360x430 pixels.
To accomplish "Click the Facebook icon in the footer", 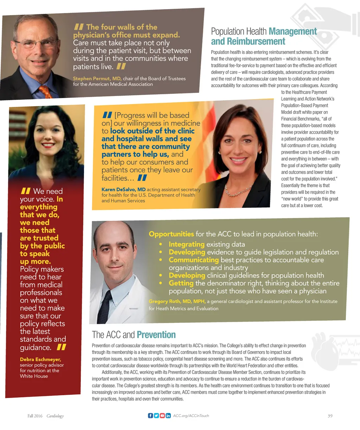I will pyautogui.click(x=150, y=416).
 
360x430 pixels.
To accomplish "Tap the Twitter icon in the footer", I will pyautogui.click(x=156, y=416).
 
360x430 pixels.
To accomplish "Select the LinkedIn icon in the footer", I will pyautogui.click(x=168, y=416).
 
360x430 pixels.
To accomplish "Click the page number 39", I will pyautogui.click(x=330, y=416).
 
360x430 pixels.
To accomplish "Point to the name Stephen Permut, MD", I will pyautogui.click(x=97, y=79).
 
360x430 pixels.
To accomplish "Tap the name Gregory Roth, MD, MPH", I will pyautogui.click(x=177, y=301).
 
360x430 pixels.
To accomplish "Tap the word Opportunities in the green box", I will pyautogui.click(x=171, y=234).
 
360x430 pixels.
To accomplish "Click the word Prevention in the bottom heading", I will pyautogui.click(x=156, y=335).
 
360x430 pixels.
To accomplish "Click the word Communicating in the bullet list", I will pyautogui.click(x=194, y=260).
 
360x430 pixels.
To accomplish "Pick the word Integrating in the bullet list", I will pyautogui.click(x=186, y=244).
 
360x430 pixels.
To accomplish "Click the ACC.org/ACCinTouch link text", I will pyautogui.click(x=191, y=416).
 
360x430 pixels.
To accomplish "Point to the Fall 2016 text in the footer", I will pyautogui.click(x=35, y=416).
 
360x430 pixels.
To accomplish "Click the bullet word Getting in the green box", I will pyautogui.click(x=181, y=283).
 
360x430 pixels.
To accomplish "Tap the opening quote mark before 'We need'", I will pyautogui.click(x=26, y=191).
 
